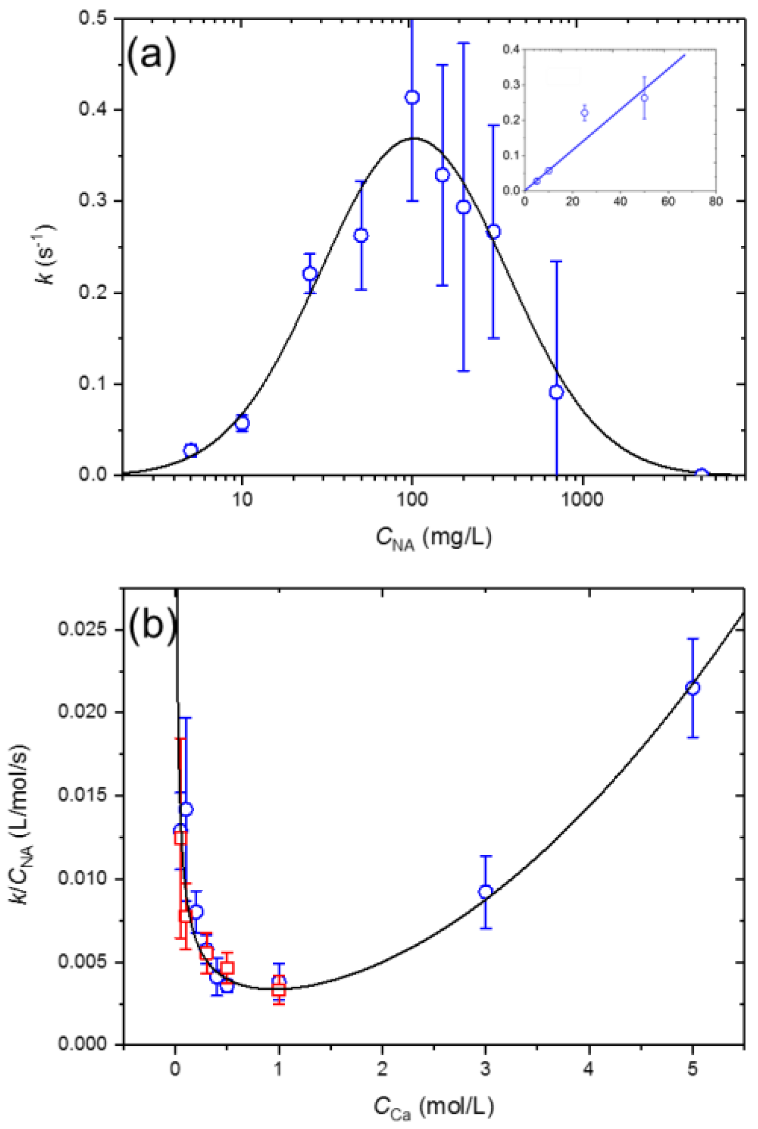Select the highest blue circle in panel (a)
click(412, 97)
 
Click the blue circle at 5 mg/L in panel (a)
click(190, 450)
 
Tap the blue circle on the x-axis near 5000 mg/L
click(701, 474)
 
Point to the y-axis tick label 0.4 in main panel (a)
click(94, 110)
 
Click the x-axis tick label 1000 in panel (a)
click(584, 500)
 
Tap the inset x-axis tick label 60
click(668, 202)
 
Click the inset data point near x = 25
click(585, 113)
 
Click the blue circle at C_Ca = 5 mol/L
click(693, 688)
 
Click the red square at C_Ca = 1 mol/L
click(279, 990)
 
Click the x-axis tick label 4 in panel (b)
click(589, 1069)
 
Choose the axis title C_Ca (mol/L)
click(434, 1107)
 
